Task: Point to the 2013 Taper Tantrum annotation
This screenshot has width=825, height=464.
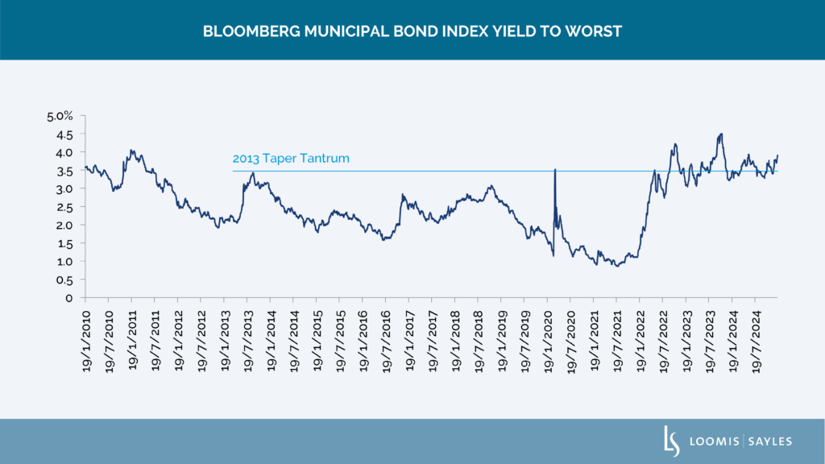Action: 291,159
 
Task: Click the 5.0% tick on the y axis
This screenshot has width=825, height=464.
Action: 61,116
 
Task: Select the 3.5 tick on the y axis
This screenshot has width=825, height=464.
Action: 65,170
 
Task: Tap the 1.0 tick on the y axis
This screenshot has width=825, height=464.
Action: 65,262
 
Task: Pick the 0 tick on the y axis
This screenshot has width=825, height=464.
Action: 72,298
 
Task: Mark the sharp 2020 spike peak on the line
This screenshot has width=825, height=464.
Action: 554,170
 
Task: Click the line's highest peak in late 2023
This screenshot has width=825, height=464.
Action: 721,134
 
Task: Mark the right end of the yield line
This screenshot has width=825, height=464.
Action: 778,155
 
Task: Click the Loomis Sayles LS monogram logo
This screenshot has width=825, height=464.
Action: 667,441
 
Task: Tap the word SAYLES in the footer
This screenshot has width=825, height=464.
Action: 771,441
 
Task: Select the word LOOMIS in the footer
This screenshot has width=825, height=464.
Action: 712,441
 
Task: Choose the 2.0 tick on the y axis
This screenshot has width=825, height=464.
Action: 65,225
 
